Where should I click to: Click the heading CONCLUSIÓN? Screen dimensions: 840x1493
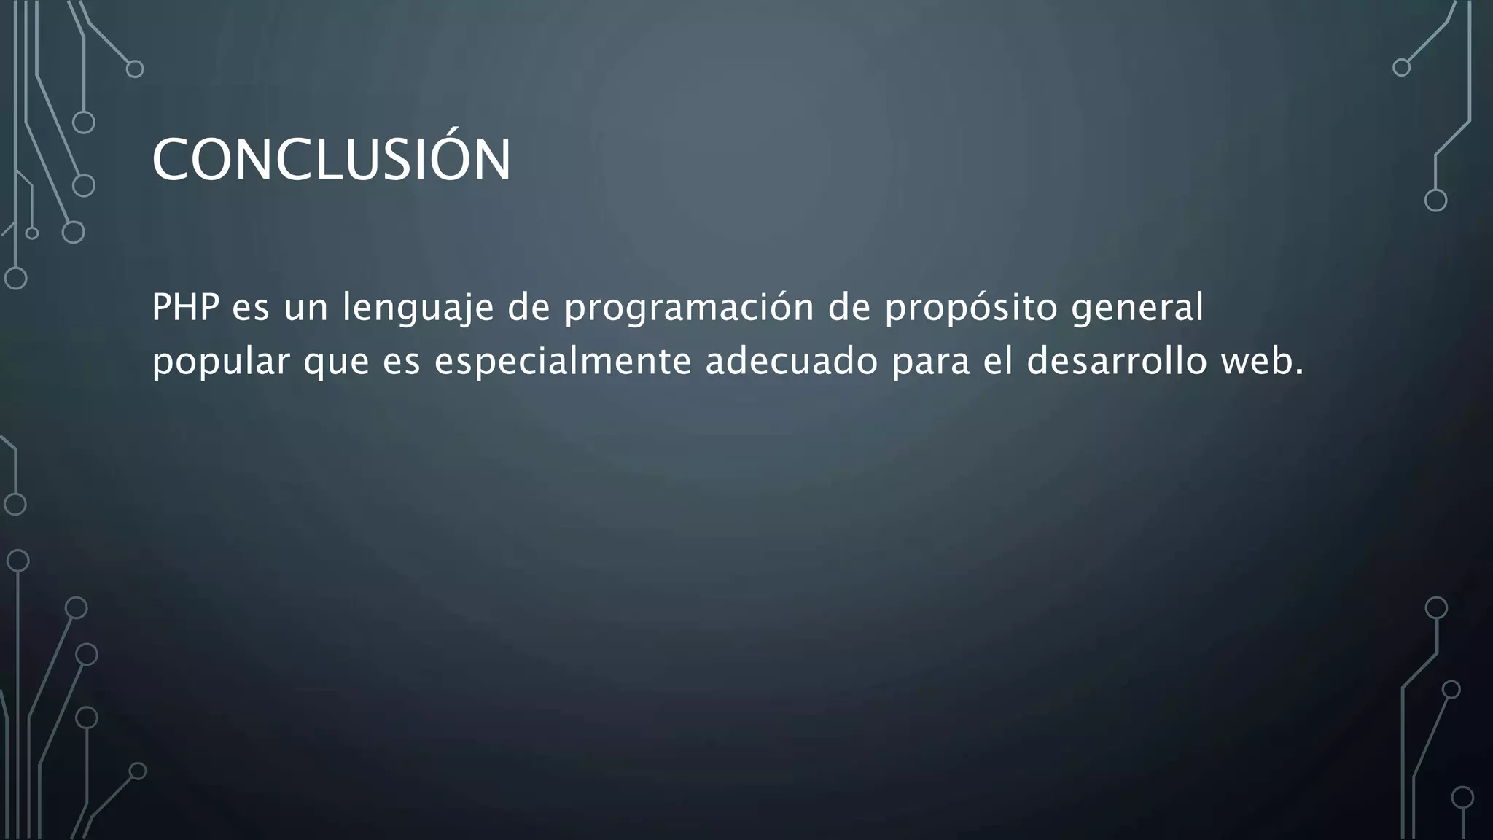point(331,160)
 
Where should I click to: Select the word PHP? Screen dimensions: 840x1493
point(185,307)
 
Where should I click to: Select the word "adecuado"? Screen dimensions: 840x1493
point(791,361)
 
